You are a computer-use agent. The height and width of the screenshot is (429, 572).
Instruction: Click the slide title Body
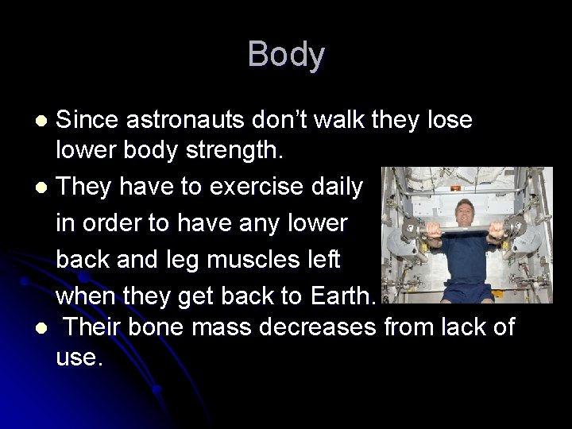point(286,55)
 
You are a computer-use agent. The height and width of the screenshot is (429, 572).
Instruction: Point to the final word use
point(79,359)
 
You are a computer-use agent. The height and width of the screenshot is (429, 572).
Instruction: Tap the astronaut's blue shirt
point(466,274)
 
